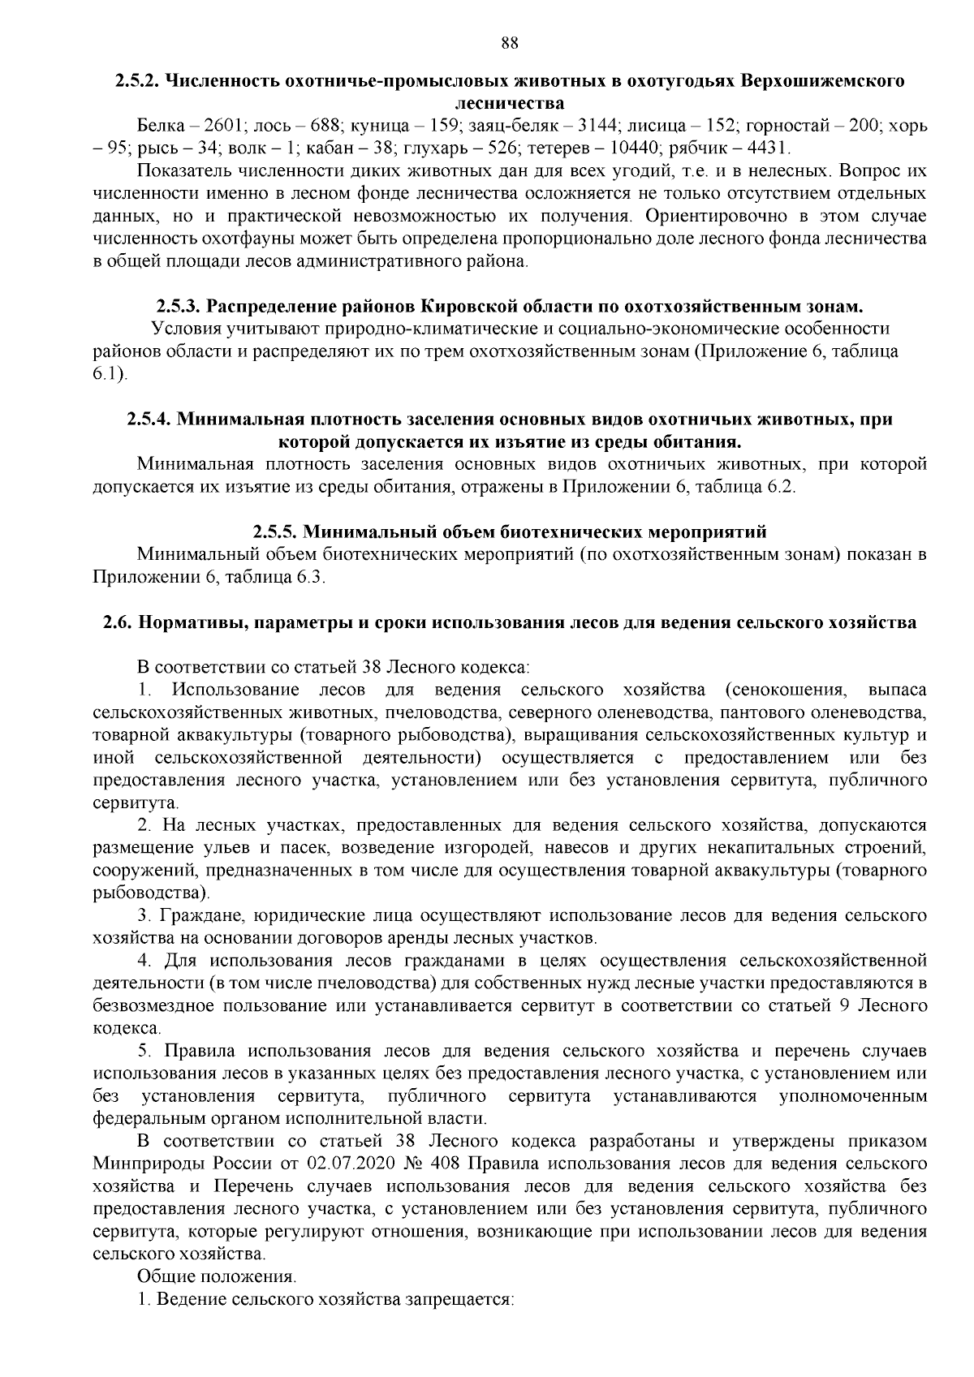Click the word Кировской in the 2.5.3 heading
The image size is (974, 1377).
tap(469, 307)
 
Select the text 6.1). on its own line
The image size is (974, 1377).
tap(111, 374)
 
